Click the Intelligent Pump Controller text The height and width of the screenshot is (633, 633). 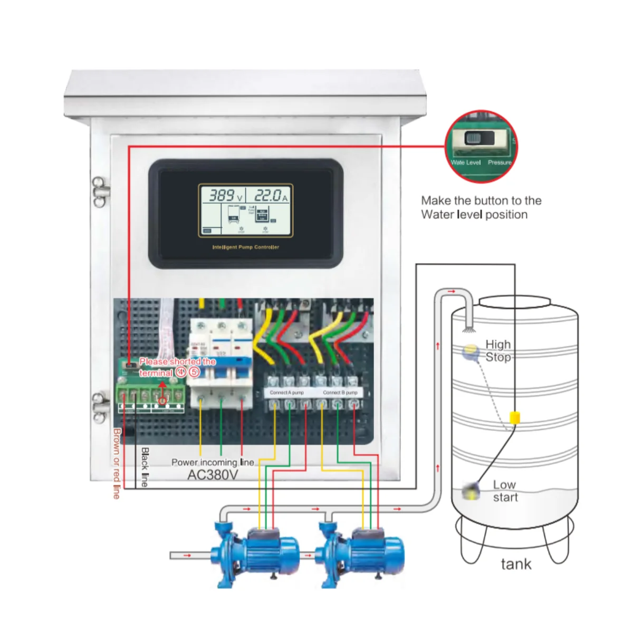tap(245, 247)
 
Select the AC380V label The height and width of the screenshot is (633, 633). tap(213, 475)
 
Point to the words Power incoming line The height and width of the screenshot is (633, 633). tap(213, 462)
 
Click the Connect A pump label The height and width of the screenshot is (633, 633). tap(286, 392)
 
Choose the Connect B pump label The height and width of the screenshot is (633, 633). tap(340, 392)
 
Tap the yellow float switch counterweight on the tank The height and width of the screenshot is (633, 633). tap(514, 418)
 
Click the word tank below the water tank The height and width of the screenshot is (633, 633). tap(516, 564)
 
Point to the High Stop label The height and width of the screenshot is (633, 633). tap(498, 351)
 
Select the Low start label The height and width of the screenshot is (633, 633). tap(505, 491)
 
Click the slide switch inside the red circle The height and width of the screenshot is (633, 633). tap(478, 139)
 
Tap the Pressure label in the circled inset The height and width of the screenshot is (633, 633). tap(499, 162)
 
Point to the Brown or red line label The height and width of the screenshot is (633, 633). tap(117, 463)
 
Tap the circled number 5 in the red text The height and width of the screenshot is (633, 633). tap(194, 372)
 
